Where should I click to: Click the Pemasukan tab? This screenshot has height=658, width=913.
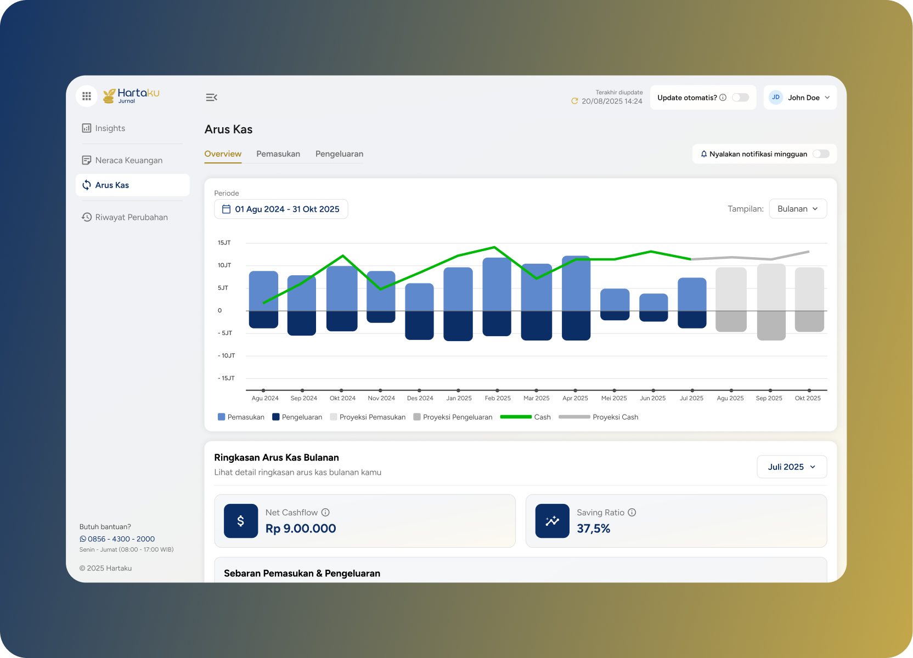point(278,154)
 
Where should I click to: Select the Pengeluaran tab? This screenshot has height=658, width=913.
point(339,154)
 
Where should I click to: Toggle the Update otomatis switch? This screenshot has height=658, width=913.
point(740,98)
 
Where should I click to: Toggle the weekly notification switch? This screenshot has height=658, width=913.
point(821,154)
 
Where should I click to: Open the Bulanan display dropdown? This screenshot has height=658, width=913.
point(798,208)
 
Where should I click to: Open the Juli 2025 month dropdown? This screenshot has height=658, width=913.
point(792,467)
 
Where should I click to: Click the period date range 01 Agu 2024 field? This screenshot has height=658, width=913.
point(281,209)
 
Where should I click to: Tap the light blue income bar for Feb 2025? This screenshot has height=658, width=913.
point(497,285)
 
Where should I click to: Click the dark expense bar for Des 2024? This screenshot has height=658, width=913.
point(419,325)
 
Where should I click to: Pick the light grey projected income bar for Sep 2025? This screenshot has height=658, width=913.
point(771,287)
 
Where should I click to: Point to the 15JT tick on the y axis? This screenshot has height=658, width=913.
point(224,242)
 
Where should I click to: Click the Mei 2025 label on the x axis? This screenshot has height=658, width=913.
point(614,398)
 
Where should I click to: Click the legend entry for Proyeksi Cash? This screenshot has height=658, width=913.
point(599,417)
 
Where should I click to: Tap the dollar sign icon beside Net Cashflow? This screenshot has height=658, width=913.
point(241,521)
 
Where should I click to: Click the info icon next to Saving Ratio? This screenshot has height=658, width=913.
point(632,512)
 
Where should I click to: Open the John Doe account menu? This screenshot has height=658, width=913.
point(799,98)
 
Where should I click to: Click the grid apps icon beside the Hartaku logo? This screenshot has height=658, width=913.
point(86,96)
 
